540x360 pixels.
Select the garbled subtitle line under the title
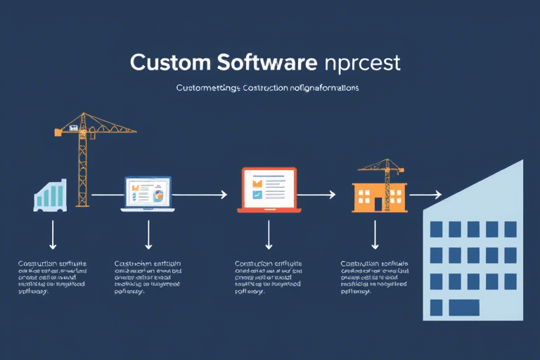point(268,89)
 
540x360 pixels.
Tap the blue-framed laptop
point(148,193)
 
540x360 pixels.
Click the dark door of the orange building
point(378,205)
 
